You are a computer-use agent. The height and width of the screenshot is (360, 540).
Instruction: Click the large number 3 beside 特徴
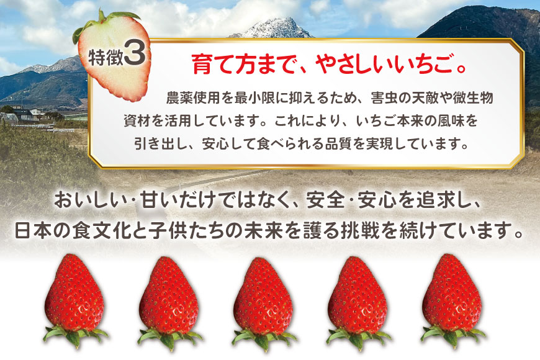click(x=135, y=55)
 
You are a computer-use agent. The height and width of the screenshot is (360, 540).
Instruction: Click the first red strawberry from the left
click(x=75, y=292)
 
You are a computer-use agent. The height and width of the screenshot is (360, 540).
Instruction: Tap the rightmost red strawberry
click(x=451, y=292)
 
